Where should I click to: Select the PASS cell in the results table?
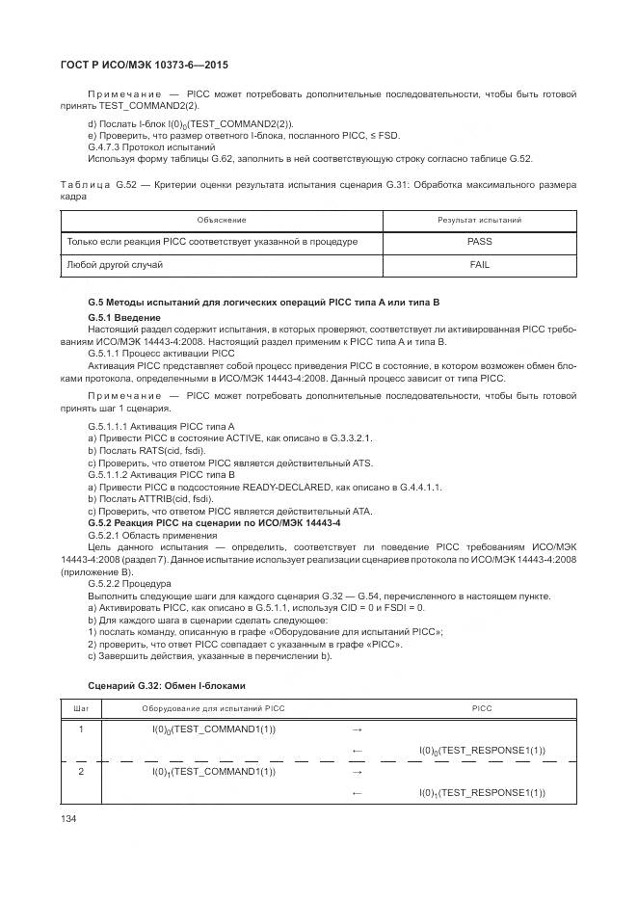point(479,242)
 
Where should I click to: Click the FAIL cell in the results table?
point(479,264)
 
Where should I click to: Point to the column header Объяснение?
point(222,221)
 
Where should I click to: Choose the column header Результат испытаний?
point(479,221)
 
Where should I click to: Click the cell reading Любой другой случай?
point(115,264)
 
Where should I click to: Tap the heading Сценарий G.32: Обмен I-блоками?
point(166,684)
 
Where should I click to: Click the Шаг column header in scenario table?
point(81,708)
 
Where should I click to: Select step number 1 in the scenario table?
point(81,729)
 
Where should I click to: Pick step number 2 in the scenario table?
point(81,772)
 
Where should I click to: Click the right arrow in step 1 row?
point(357,729)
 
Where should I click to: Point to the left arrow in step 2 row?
point(357,793)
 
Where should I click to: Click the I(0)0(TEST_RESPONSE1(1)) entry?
point(482,751)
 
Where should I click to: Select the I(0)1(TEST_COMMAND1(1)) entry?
point(214,772)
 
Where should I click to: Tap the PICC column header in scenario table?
point(482,708)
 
